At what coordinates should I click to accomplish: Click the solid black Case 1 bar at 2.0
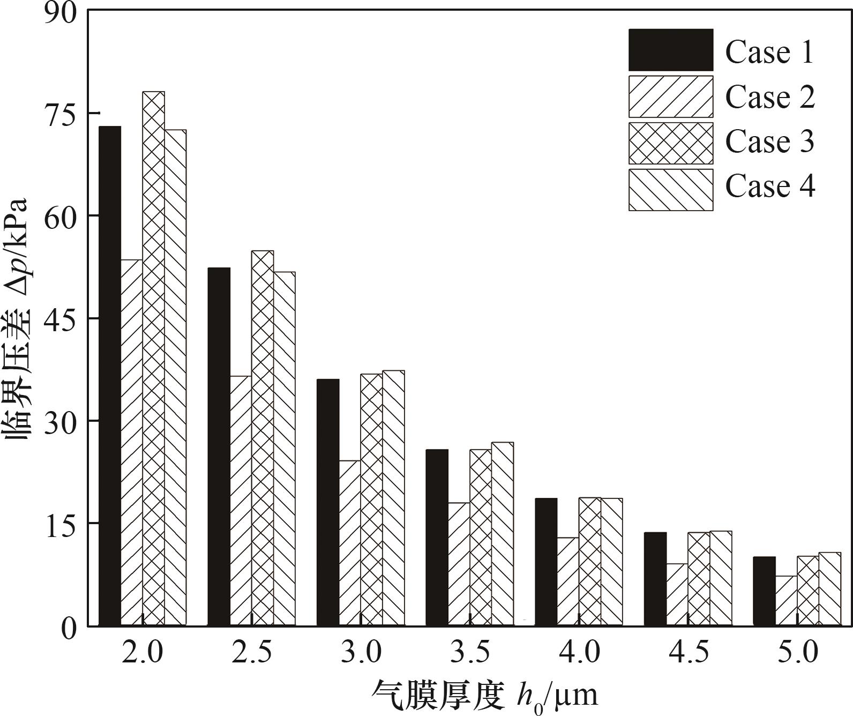(x=110, y=375)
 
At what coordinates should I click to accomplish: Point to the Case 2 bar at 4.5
(x=677, y=594)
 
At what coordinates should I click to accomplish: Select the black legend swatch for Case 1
(x=671, y=50)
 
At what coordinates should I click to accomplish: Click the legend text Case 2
(x=769, y=97)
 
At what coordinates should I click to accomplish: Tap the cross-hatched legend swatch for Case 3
(x=671, y=143)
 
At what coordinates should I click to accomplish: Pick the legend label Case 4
(x=769, y=187)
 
